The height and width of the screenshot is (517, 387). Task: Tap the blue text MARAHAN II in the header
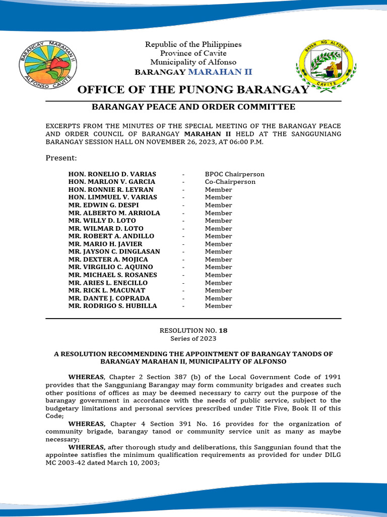[220, 72]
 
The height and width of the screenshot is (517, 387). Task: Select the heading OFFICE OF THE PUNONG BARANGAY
[193, 90]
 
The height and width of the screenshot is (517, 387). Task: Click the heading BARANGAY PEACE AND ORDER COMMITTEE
[193, 107]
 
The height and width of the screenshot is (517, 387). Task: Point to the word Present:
[61, 158]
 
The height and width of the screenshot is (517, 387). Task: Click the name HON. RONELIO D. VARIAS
[112, 174]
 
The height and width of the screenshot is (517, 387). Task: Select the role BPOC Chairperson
[234, 174]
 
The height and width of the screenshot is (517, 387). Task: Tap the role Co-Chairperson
[230, 182]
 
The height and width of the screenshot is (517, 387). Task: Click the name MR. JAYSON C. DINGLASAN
[114, 251]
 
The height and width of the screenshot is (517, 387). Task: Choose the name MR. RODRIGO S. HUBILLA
[113, 306]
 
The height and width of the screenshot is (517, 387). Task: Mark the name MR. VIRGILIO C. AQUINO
[111, 267]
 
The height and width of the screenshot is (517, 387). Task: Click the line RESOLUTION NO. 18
[193, 330]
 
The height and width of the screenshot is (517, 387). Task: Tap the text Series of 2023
[193, 338]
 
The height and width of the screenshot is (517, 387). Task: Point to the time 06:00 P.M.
[245, 142]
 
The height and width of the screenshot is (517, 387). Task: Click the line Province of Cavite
[193, 53]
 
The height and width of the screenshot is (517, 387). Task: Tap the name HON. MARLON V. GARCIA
[112, 182]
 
